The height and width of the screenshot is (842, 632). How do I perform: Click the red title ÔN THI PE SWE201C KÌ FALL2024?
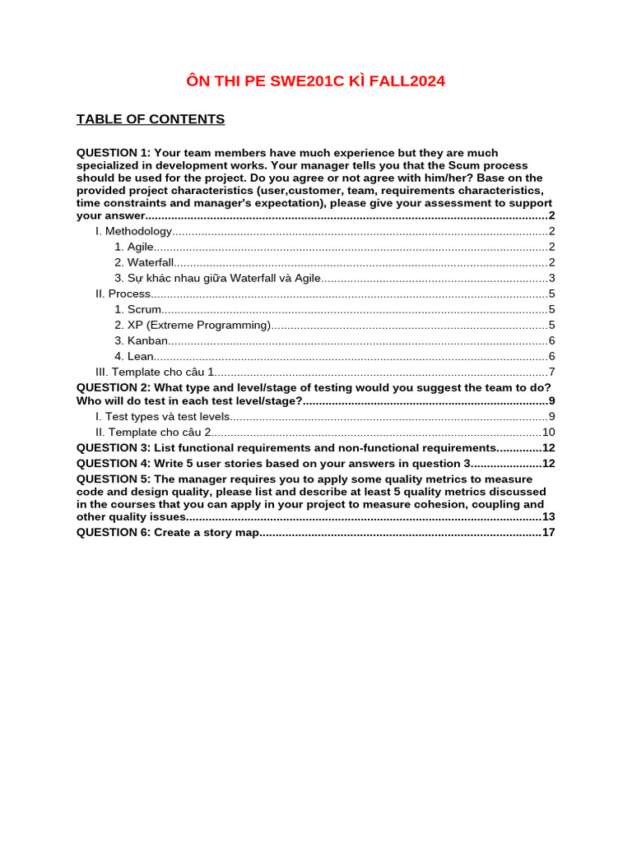click(316, 81)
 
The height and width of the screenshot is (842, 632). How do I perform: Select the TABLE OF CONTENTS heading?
click(151, 119)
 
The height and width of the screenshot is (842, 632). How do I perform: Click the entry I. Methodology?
click(134, 231)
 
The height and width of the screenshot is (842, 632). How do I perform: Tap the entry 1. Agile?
click(134, 247)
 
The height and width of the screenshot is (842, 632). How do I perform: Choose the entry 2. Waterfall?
click(144, 262)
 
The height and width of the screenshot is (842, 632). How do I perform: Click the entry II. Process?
click(123, 294)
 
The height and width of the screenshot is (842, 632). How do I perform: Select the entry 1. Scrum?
click(138, 309)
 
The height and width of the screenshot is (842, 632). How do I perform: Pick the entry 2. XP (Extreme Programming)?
click(193, 325)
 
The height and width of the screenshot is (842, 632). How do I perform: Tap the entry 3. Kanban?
click(142, 340)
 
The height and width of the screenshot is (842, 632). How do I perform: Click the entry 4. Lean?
click(134, 356)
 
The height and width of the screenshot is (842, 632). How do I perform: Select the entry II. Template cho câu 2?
click(154, 432)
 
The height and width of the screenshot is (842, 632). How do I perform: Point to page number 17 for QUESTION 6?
click(548, 532)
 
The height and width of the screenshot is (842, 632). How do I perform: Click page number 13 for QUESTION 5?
click(548, 516)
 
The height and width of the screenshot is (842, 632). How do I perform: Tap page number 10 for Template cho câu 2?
click(548, 432)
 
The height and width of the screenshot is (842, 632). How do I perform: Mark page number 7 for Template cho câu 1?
click(551, 372)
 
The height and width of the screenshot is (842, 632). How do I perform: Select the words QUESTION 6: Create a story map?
click(168, 532)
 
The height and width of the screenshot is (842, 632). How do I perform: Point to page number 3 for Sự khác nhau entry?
click(551, 278)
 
